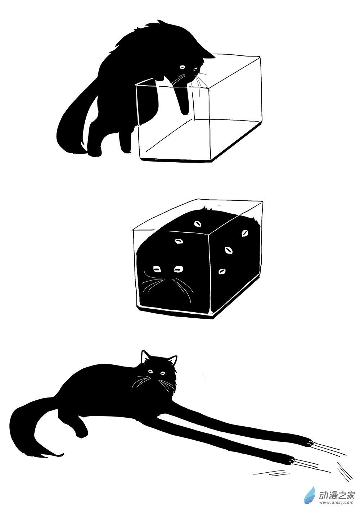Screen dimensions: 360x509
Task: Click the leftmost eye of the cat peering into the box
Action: pyautogui.click(x=182, y=67)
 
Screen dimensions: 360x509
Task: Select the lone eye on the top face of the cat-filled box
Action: pyautogui.click(x=198, y=224)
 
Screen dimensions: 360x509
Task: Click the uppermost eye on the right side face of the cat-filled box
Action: pyautogui.click(x=245, y=233)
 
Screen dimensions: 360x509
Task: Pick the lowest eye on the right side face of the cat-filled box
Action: pyautogui.click(x=221, y=271)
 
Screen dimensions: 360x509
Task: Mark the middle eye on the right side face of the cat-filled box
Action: pyautogui.click(x=229, y=250)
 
